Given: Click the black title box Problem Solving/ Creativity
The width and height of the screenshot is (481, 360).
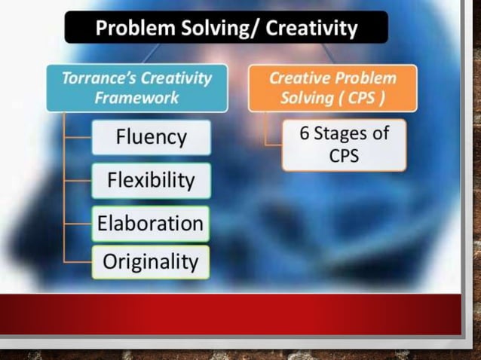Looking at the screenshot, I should pos(225,28).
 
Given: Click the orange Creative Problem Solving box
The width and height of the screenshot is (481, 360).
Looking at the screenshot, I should pos(332,88).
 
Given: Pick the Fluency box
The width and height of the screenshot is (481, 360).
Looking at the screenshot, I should pos(151,137).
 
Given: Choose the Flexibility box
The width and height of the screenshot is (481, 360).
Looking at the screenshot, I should pos(151,181).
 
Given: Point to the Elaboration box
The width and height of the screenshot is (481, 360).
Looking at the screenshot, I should pos(151,223).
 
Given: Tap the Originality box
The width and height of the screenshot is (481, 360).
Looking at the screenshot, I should pos(151,262).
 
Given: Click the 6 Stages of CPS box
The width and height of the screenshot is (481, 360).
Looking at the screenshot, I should pos(344,145).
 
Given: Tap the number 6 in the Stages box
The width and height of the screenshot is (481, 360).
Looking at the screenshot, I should pos(305,134).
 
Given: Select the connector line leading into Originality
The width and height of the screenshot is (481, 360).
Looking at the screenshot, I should pos(78,262).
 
